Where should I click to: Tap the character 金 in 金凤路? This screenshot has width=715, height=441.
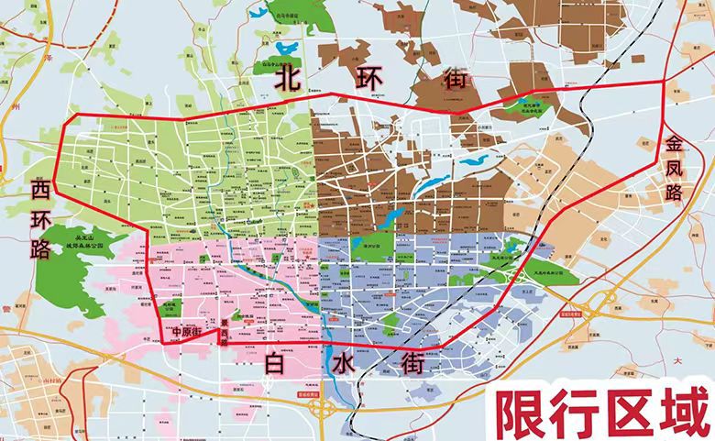(676, 144)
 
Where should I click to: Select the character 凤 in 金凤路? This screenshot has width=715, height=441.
(676, 170)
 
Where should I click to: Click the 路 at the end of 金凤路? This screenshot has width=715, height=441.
(676, 193)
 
